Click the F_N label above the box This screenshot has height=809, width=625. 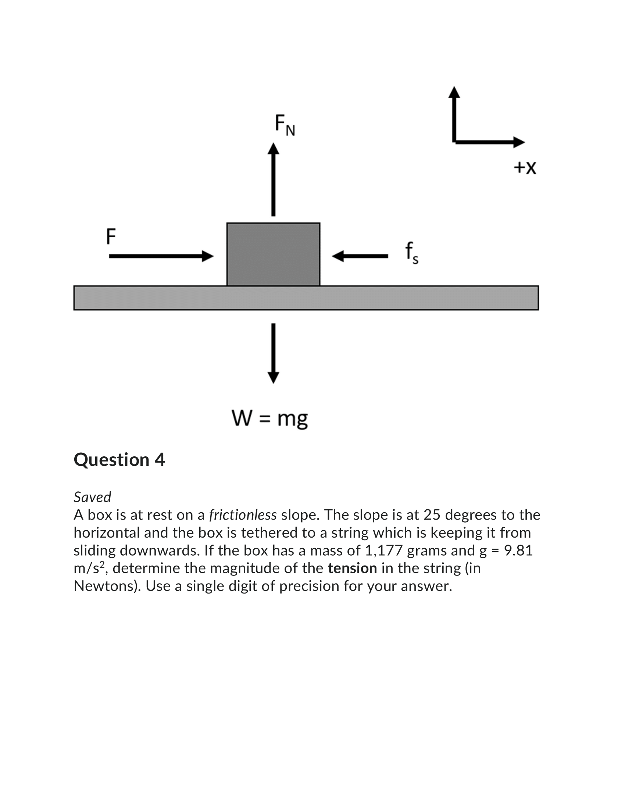point(284,125)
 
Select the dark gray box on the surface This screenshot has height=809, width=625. point(273,254)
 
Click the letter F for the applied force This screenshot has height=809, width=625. point(111,236)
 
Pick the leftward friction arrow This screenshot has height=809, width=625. point(360,256)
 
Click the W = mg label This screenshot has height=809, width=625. point(269,418)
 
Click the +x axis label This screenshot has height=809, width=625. point(525,167)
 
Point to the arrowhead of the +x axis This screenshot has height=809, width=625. point(519,142)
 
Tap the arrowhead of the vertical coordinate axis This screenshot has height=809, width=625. point(454,92)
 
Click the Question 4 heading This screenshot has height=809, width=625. point(119,460)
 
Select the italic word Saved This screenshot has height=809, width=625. point(92,497)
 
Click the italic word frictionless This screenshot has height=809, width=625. point(243,515)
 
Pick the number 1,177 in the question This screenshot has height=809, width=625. point(383,550)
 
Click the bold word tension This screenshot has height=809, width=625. point(352,568)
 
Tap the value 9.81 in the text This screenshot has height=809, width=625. point(518,550)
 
